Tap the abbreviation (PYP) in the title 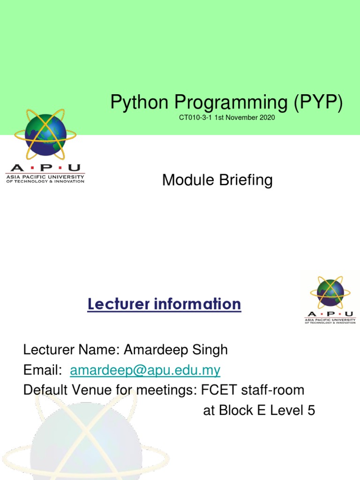tap(319, 103)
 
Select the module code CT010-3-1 tap(195, 118)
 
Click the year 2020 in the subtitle tap(266, 118)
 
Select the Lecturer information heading tap(164, 304)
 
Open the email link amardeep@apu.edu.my tap(145, 370)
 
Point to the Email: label tap(43, 370)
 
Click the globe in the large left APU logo tap(45, 136)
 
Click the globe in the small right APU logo tap(330, 292)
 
